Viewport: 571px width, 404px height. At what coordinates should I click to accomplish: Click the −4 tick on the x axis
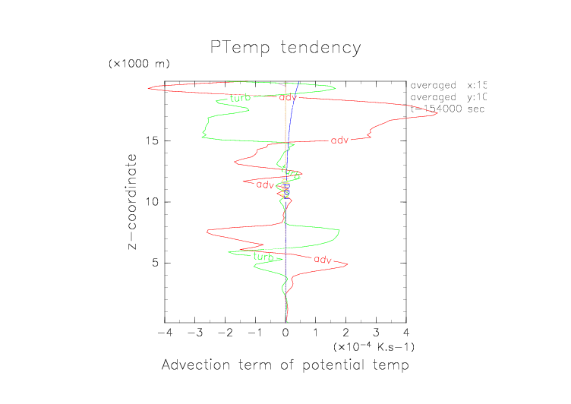click(x=162, y=333)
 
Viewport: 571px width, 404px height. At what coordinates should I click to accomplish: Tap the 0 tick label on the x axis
click(x=285, y=333)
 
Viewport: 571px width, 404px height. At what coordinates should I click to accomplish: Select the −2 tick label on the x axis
click(x=223, y=333)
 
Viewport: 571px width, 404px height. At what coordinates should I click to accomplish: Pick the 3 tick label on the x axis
click(x=376, y=333)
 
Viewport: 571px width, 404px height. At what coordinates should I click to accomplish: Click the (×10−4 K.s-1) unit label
click(x=373, y=347)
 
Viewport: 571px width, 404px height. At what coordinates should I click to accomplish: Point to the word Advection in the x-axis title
click(x=194, y=366)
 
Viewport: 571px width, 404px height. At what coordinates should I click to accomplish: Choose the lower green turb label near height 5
click(x=263, y=257)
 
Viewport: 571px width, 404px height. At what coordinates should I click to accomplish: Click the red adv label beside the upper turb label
click(x=289, y=97)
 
